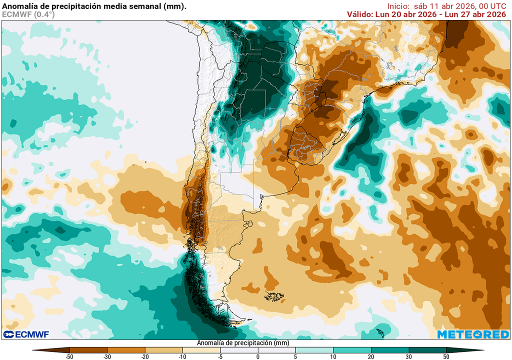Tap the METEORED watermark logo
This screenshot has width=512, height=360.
pos(472,334)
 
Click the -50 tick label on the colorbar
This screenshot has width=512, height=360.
pos(69,356)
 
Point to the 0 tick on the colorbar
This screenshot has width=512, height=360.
pos(258,356)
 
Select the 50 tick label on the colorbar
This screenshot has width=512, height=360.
pos(446,356)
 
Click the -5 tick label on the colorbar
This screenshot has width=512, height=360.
pos(220,356)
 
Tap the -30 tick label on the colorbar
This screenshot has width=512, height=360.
pos(107,356)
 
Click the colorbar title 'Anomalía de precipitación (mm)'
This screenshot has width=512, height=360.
pos(243,343)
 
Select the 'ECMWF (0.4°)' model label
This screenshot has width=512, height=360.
pos(28,14)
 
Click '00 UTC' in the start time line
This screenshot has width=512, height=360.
pos(492,6)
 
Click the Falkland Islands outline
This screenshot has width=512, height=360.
pos(273,296)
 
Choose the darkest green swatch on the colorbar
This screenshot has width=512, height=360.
pos(427,350)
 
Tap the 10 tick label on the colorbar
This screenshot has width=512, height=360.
pos(333,356)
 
